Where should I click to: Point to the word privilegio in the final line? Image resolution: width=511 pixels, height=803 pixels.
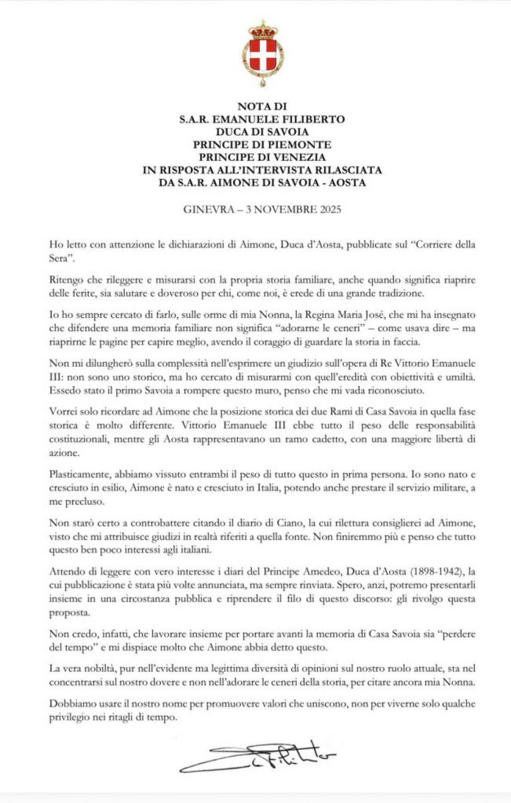[72, 717]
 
